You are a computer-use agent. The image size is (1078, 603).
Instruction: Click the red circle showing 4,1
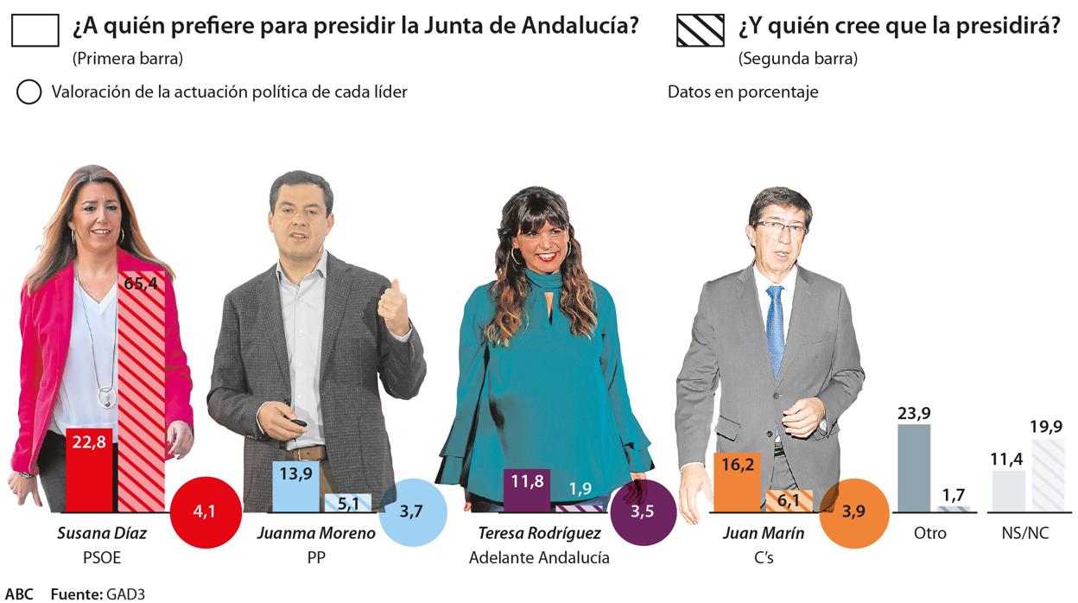point(205,511)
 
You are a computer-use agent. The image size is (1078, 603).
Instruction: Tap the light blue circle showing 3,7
point(413,512)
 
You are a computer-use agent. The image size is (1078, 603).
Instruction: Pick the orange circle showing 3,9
point(854,512)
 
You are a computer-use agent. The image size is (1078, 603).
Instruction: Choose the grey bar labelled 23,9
point(914,467)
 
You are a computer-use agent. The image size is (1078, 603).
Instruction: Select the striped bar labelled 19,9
point(1049,475)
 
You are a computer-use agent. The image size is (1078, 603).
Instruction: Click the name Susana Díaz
point(102,533)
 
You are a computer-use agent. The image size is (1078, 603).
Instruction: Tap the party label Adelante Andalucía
point(539,558)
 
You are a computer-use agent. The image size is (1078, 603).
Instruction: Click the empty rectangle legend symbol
point(35,30)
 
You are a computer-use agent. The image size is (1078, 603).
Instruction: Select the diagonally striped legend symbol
point(701,30)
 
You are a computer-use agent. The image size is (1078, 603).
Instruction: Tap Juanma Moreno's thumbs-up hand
point(396,308)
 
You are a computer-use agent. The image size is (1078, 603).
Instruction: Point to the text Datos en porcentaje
point(743,92)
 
